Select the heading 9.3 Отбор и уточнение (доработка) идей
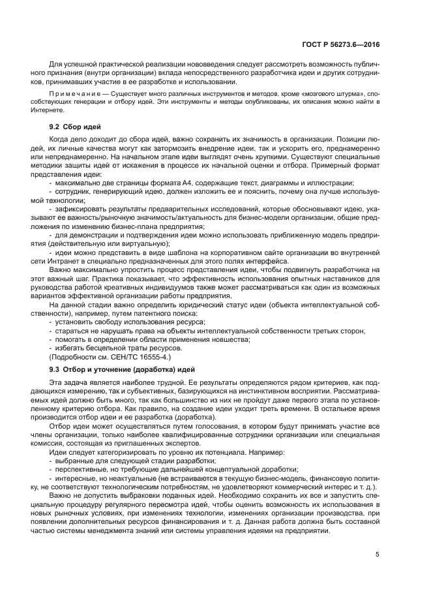coord(118,369)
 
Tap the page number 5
coord(378,555)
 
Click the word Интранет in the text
coord(68,261)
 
